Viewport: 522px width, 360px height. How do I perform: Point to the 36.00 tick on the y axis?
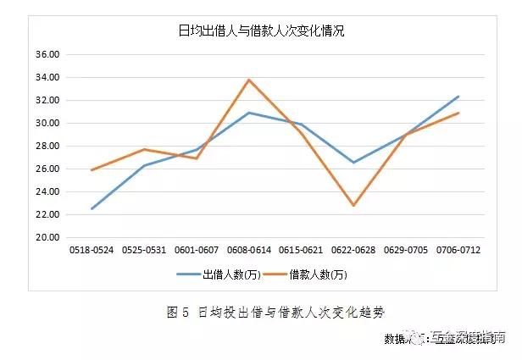(47, 54)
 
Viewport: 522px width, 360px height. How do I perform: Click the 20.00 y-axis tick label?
(47, 238)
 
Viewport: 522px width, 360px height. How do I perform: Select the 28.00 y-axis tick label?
(47, 147)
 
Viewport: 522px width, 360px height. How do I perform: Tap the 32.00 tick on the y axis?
(47, 101)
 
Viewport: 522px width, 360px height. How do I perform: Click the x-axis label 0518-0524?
(91, 251)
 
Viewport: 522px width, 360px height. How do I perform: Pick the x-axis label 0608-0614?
(248, 251)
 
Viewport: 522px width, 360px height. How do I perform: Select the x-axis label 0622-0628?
(353, 251)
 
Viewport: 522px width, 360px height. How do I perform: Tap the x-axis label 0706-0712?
(458, 251)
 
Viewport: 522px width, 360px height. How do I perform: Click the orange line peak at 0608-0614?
(248, 80)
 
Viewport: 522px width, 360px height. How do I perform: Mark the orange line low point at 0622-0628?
(353, 206)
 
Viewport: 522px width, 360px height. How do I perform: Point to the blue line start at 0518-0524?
(92, 208)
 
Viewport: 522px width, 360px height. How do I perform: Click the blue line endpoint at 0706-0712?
(458, 97)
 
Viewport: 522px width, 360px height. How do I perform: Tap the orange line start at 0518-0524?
(92, 170)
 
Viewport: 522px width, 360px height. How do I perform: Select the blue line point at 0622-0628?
(353, 162)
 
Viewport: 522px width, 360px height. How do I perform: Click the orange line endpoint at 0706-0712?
(458, 113)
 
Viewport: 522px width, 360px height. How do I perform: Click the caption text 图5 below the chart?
(177, 311)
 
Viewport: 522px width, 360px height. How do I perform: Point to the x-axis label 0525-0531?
(143, 251)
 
